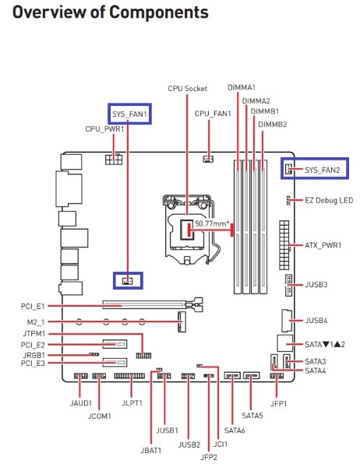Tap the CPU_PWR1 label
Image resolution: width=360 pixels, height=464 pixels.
pos(104,128)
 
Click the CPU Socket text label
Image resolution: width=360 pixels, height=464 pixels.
pos(187,89)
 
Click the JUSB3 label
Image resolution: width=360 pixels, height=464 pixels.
pos(316,284)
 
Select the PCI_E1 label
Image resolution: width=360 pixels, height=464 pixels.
pos(34,306)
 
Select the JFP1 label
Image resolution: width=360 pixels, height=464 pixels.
pos(279,404)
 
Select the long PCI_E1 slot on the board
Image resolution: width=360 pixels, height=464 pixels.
pos(148,306)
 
